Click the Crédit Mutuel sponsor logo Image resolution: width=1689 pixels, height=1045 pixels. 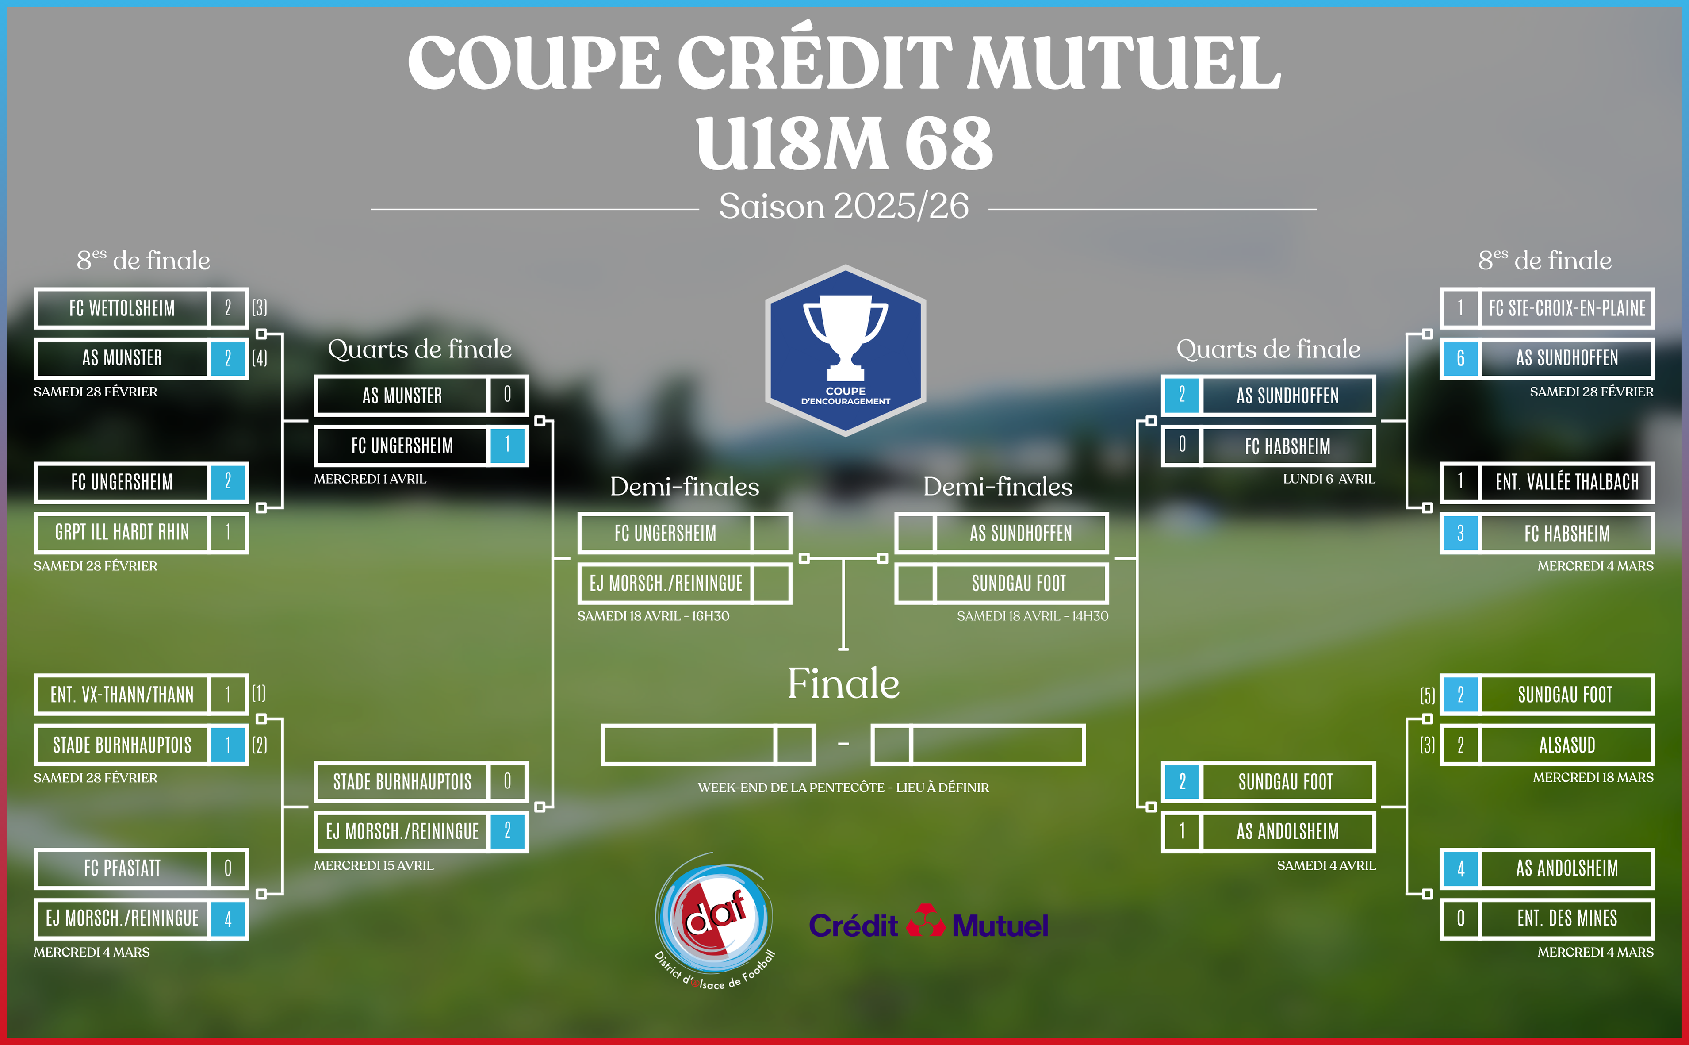coord(928,922)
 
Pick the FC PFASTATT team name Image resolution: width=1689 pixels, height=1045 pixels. coord(122,868)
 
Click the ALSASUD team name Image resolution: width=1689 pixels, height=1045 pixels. coord(1567,745)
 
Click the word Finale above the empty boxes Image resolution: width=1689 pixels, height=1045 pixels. coord(843,684)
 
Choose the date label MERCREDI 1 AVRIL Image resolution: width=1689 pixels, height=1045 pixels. coord(370,479)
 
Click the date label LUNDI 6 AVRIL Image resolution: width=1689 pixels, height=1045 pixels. coord(1329,479)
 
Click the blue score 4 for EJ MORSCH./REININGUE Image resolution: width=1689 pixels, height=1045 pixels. coord(228,919)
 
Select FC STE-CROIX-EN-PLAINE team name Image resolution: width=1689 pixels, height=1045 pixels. coord(1567,308)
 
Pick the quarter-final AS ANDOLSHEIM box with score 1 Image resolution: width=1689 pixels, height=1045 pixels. coord(1268,831)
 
